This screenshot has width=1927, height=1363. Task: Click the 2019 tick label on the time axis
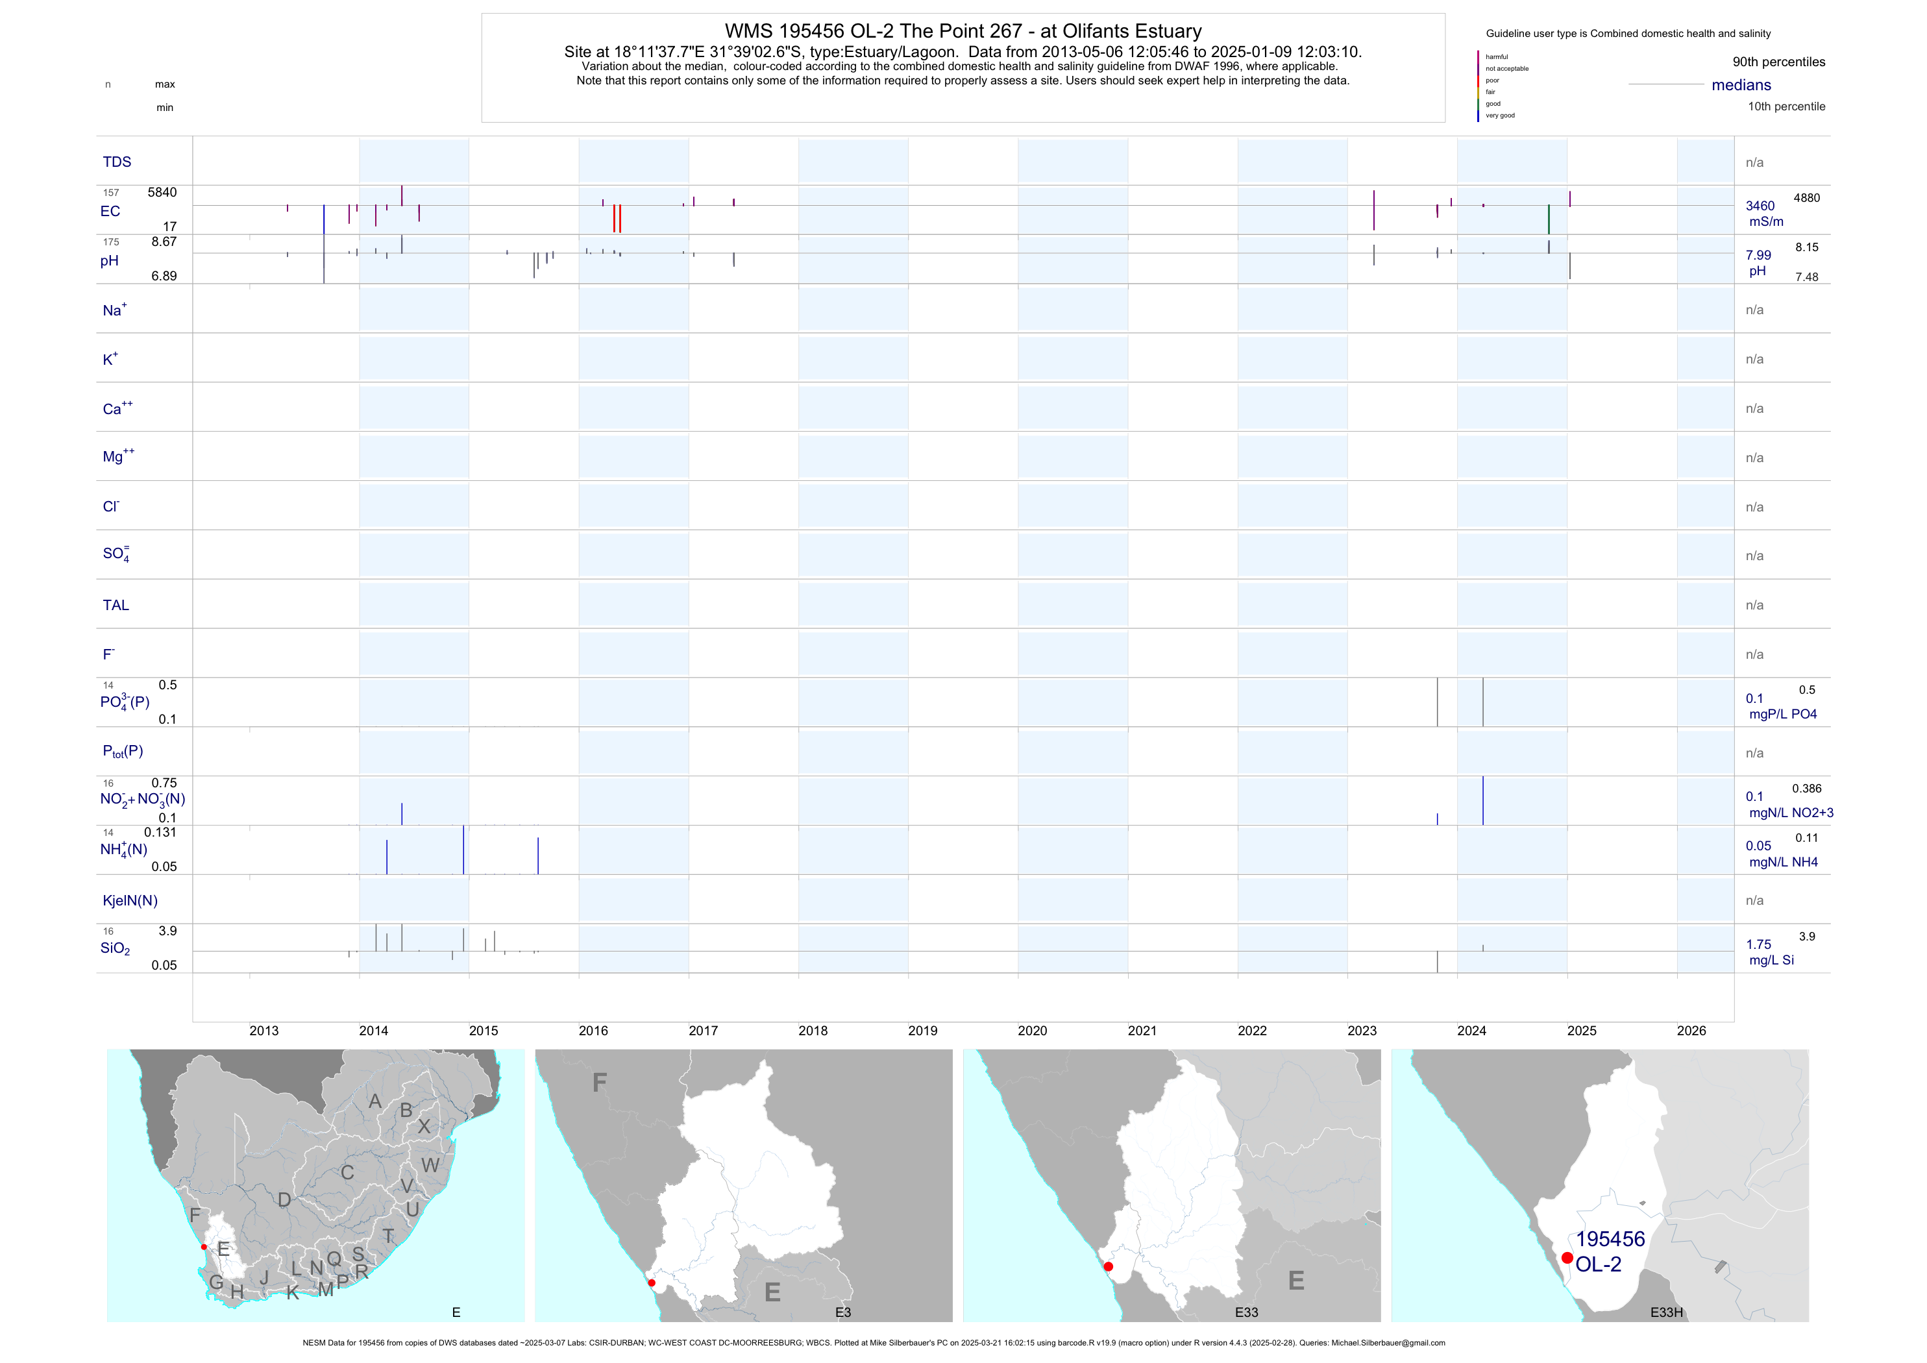922,1031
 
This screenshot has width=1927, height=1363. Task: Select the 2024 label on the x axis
1471,1031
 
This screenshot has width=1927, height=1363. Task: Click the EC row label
110,212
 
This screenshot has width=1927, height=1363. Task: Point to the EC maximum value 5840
162,192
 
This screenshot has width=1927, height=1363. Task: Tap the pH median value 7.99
1758,255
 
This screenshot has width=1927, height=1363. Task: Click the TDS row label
117,162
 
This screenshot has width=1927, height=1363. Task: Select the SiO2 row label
115,948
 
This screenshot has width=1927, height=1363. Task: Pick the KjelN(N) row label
130,901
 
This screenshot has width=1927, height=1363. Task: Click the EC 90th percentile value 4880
1806,198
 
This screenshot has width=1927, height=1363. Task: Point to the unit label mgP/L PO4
1783,714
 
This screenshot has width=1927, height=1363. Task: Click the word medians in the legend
1741,85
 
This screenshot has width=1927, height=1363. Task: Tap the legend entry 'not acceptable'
1506,69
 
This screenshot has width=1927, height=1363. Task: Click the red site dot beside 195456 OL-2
1567,1257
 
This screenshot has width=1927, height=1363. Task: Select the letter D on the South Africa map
284,1200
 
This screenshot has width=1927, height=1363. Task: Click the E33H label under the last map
1666,1312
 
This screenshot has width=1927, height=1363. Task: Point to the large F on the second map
599,1083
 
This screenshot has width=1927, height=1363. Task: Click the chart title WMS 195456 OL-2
963,31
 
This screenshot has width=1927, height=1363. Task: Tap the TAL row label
116,605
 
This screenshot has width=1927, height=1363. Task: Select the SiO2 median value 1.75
1758,945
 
